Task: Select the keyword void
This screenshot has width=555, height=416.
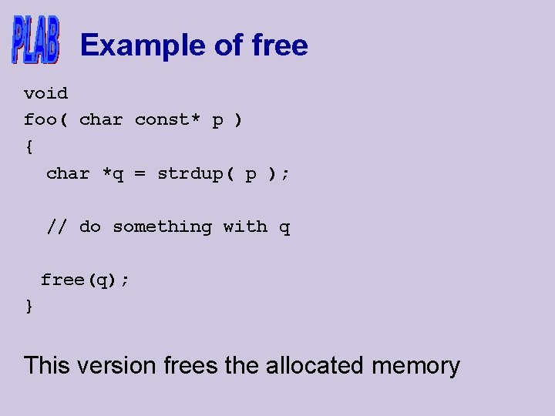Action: [x=45, y=93]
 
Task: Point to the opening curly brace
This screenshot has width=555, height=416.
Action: [x=29, y=146]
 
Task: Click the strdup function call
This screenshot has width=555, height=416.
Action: [x=190, y=174]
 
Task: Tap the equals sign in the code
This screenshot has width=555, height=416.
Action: [x=140, y=174]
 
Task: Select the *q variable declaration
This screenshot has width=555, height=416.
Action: [x=113, y=174]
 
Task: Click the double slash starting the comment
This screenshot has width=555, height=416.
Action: [x=57, y=226]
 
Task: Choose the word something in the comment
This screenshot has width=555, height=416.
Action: [x=162, y=226]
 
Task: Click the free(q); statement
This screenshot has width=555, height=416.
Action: [x=85, y=280]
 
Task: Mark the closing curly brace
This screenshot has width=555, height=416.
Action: [x=29, y=307]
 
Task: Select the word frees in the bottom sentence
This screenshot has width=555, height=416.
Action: [x=191, y=365]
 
